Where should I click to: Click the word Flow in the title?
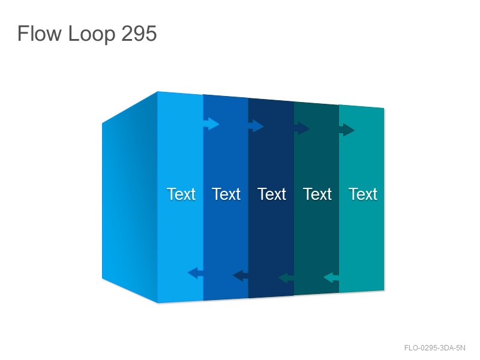[x=40, y=33]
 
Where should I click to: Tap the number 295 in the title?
[x=139, y=33]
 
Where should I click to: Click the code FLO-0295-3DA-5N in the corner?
[x=434, y=348]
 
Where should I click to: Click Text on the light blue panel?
[x=181, y=194]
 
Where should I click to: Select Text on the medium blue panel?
[x=226, y=194]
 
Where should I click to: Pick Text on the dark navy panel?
[x=272, y=194]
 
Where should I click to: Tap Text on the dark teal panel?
[x=317, y=194]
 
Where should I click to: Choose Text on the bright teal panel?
[x=363, y=194]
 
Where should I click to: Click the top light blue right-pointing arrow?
[x=211, y=124]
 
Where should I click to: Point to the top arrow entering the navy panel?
[x=256, y=126]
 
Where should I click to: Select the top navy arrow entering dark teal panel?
[x=302, y=128]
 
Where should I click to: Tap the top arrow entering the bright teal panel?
[x=347, y=130]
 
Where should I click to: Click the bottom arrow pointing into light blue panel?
[x=196, y=273]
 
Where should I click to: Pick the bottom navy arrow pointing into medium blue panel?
[x=241, y=275]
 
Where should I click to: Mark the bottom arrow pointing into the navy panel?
[x=286, y=278]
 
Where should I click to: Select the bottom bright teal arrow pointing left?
[x=331, y=278]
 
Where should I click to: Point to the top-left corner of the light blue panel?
[x=158, y=91]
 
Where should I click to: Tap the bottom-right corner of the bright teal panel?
[x=384, y=290]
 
